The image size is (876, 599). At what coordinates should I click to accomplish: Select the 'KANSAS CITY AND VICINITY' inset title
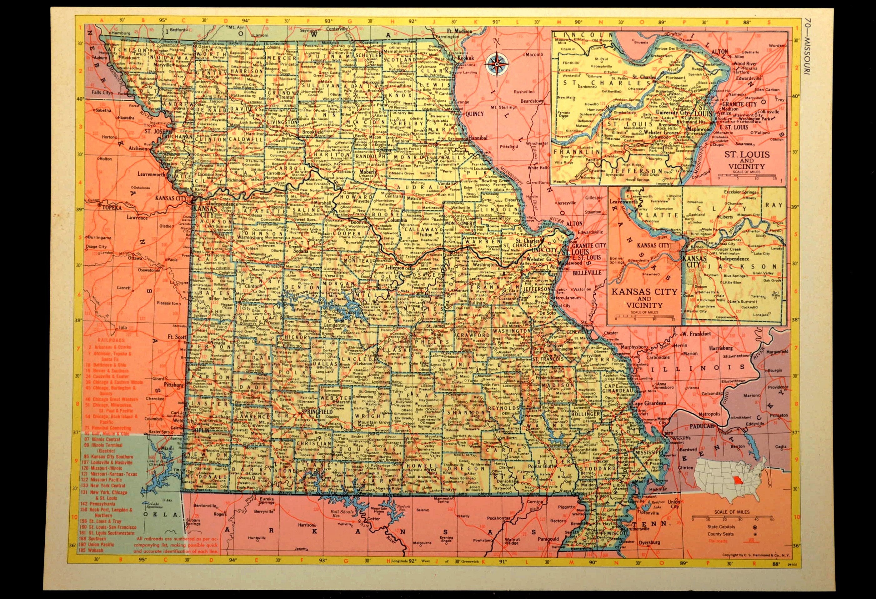tap(644, 298)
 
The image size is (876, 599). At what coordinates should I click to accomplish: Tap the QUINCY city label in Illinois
tap(474, 113)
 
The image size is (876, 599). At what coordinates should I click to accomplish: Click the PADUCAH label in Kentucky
tap(703, 426)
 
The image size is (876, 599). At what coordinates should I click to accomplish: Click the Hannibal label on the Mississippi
tap(477, 138)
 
